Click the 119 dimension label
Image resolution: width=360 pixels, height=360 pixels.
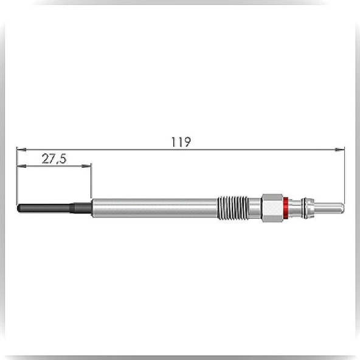[x=181, y=142]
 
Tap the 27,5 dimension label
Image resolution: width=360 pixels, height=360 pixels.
[x=54, y=159]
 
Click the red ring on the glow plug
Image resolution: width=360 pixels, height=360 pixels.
[x=286, y=208]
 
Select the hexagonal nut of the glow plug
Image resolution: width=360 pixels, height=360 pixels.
[x=272, y=208]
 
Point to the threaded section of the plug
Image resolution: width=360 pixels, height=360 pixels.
[x=232, y=208]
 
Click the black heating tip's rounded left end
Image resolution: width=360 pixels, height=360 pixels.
[x=18, y=208]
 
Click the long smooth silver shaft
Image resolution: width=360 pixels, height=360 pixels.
[x=154, y=208]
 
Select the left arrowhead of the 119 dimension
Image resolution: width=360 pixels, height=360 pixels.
[x=21, y=150]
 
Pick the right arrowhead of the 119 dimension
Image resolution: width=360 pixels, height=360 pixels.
[x=339, y=150]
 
